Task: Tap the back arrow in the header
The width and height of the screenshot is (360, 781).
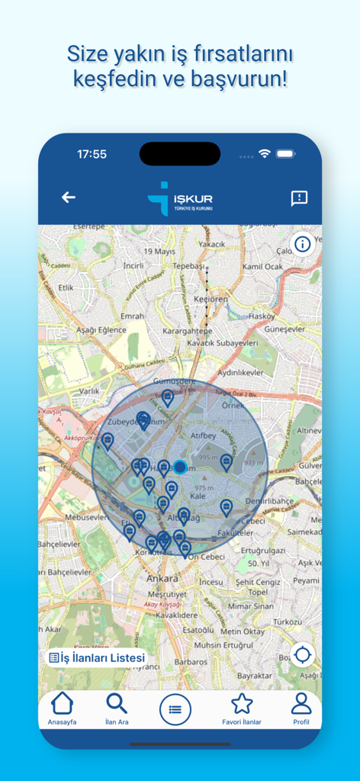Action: pyautogui.click(x=69, y=198)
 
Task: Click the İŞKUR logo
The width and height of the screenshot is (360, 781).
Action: pyautogui.click(x=180, y=198)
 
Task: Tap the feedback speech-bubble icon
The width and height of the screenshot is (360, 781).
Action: pyautogui.click(x=299, y=198)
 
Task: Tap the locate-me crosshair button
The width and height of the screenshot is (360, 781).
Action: pyautogui.click(x=302, y=654)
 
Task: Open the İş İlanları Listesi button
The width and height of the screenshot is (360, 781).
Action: pyautogui.click(x=97, y=657)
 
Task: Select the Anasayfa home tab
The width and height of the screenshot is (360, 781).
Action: pyautogui.click(x=62, y=709)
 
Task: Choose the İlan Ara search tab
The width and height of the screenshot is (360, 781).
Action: pyautogui.click(x=117, y=709)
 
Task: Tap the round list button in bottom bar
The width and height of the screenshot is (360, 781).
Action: pyautogui.click(x=175, y=710)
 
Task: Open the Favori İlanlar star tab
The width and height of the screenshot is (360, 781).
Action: pyautogui.click(x=242, y=709)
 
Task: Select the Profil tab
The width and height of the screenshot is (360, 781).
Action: pyautogui.click(x=301, y=709)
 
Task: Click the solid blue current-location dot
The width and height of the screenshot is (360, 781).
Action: pyautogui.click(x=180, y=467)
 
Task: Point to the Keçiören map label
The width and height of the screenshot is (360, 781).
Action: pyautogui.click(x=211, y=300)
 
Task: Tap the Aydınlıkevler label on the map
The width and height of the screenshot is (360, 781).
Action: pyautogui.click(x=241, y=372)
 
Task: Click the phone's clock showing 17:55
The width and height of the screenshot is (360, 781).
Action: pyautogui.click(x=92, y=154)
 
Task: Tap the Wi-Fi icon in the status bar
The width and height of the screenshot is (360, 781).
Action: pyautogui.click(x=265, y=153)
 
